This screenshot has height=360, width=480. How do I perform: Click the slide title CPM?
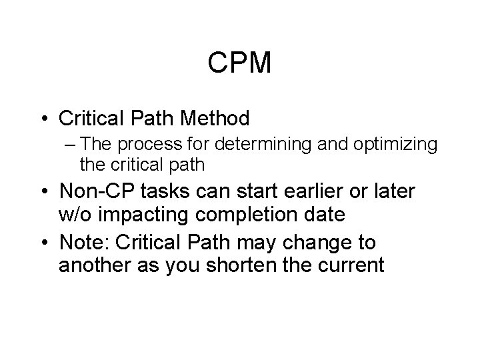[239, 63]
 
